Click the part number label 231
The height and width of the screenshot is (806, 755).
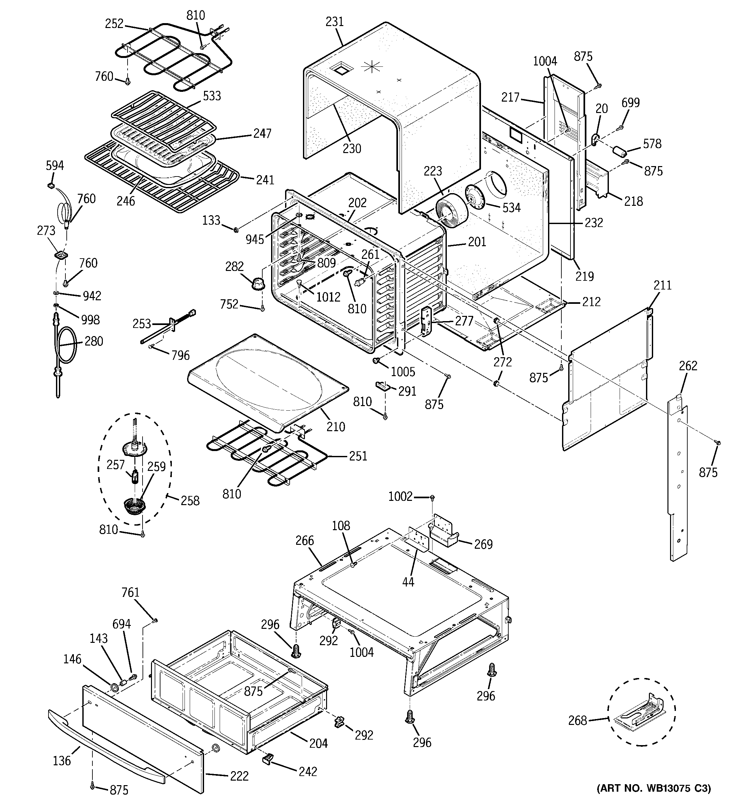point(335,21)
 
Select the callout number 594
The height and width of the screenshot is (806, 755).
point(55,165)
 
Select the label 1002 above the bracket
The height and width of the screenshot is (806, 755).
point(400,497)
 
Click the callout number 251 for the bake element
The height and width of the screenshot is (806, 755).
point(358,456)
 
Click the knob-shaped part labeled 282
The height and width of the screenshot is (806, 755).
point(256,283)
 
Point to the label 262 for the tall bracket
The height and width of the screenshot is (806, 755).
point(688,366)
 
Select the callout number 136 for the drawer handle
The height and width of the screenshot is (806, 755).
point(62,761)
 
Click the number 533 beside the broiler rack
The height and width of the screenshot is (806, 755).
point(212,96)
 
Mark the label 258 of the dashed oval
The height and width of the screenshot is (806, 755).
point(190,501)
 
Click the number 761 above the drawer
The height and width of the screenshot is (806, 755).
point(130,593)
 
